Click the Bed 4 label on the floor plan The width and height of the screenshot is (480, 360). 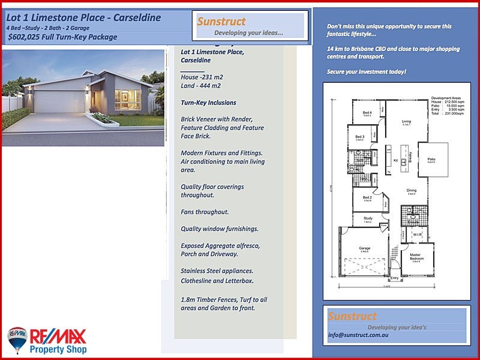(x=367, y=113)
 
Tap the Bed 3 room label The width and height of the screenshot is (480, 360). (x=359, y=137)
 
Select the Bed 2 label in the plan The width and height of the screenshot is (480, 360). (x=367, y=197)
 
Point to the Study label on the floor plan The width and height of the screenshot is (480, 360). (x=368, y=218)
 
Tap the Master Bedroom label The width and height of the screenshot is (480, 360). (x=415, y=256)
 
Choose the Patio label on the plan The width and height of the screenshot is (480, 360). (x=430, y=159)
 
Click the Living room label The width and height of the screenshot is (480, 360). (x=406, y=121)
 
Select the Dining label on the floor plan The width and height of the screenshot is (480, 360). (x=412, y=190)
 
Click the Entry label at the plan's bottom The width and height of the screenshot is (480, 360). (x=394, y=278)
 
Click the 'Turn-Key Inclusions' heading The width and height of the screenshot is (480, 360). (x=208, y=103)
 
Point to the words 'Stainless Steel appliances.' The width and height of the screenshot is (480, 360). (x=217, y=271)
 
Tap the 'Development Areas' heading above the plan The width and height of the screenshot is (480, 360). (x=445, y=97)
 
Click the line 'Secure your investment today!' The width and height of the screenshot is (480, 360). (x=367, y=72)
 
